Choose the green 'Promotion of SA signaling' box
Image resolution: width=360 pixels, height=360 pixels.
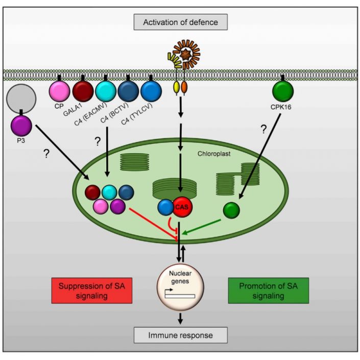[263, 291]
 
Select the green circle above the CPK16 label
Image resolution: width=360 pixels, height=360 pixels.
[283, 92]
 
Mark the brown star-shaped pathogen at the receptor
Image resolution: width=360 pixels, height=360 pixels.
[183, 54]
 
